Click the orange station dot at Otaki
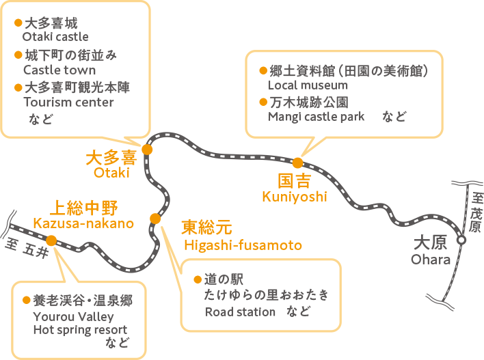coord(147,150)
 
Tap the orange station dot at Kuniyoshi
coord(297,163)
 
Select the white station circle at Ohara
coord(461,240)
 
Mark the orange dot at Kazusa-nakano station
coord(51,240)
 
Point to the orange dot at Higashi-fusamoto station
coord(155,219)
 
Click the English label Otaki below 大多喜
coord(111,173)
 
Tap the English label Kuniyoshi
coord(295,197)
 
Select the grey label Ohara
coord(431,260)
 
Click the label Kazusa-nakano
coord(83,223)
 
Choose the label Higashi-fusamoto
coord(243,245)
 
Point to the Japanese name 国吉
coord(295,181)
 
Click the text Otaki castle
coord(55,37)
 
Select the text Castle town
coord(59,70)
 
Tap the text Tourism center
coord(68,102)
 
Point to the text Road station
coord(241,312)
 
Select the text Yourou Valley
coord(73,317)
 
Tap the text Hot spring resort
coord(80,330)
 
